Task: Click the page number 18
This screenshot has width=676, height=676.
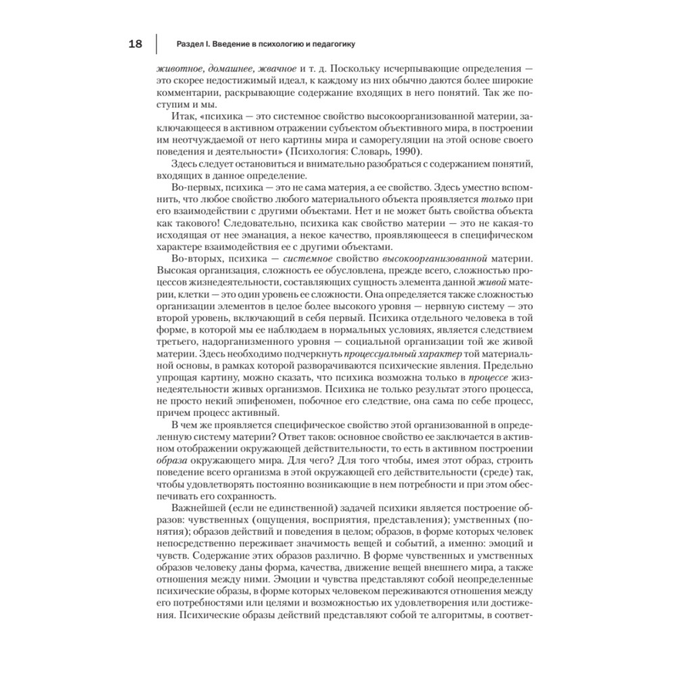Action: [135, 45]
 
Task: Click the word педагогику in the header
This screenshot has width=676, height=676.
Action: [331, 45]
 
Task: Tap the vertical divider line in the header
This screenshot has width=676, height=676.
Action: [157, 45]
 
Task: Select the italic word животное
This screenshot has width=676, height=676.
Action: [178, 69]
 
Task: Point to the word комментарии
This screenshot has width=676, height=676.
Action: [187, 93]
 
